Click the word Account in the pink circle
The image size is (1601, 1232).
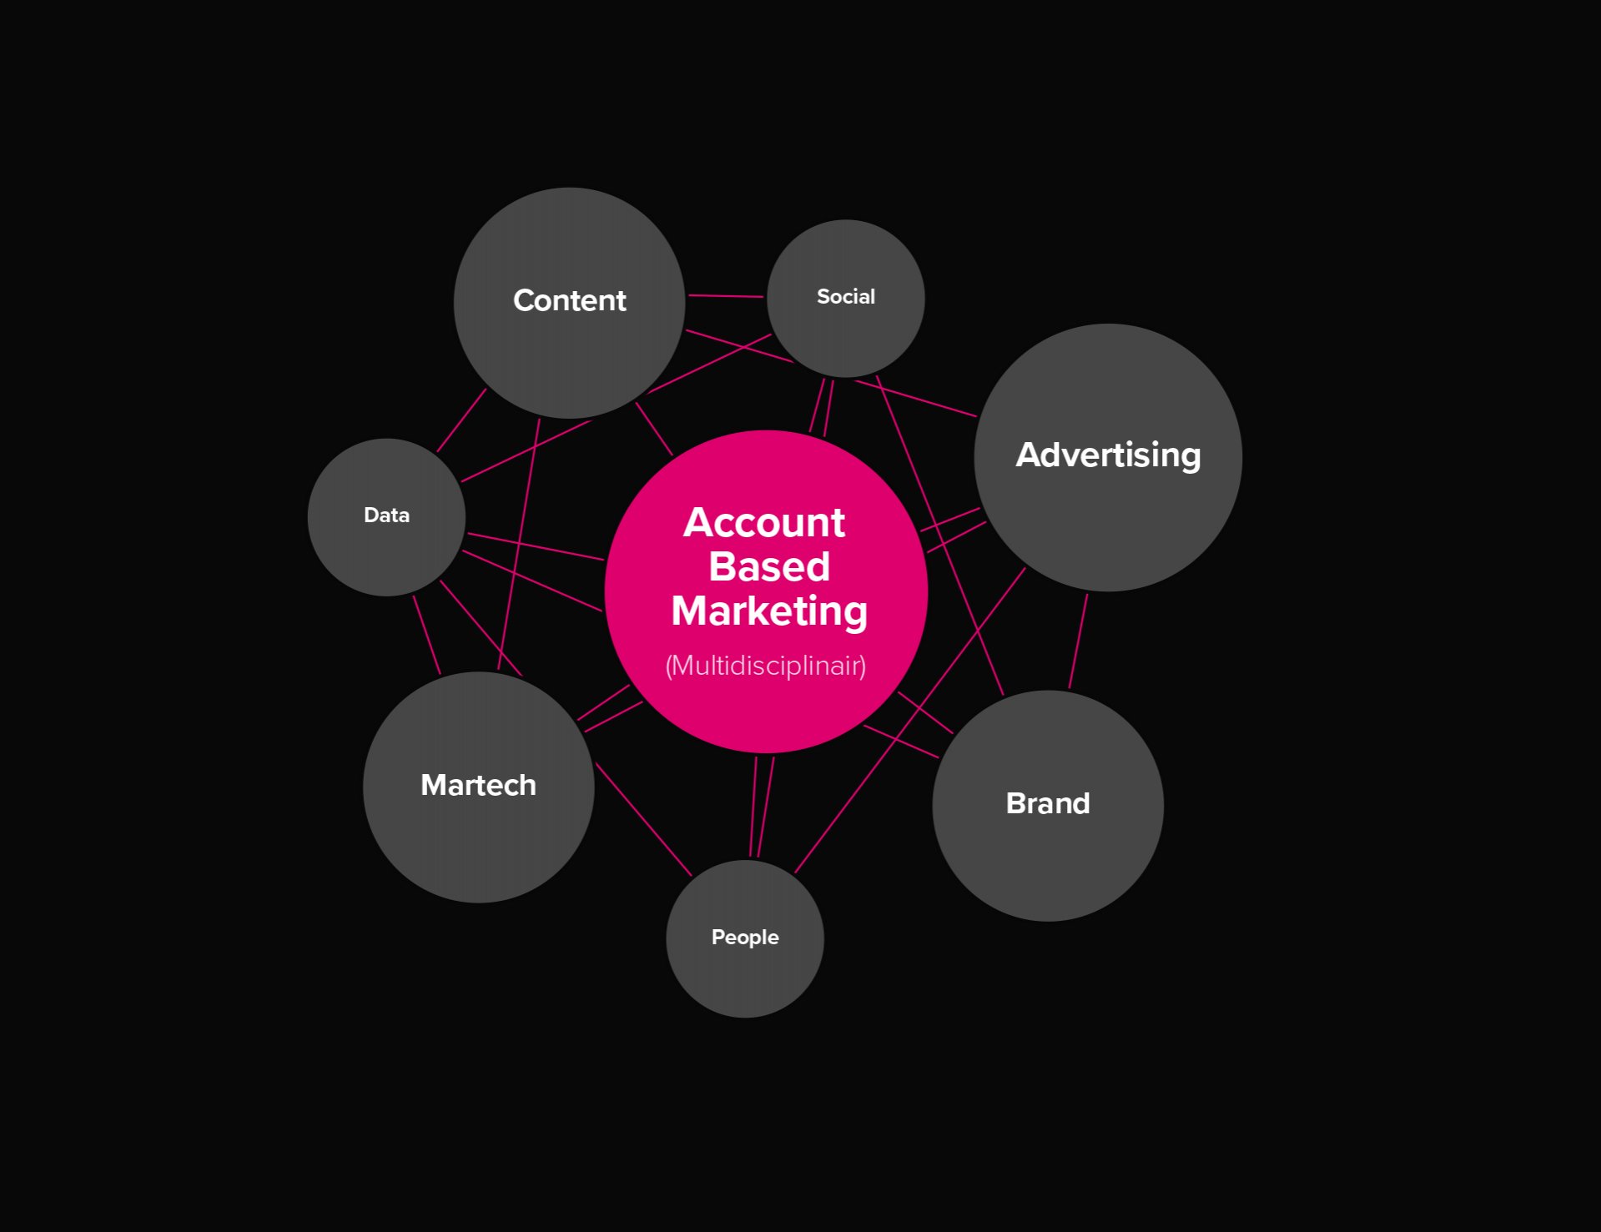point(763,523)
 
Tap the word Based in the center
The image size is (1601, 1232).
point(768,567)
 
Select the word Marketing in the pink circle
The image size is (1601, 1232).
point(768,611)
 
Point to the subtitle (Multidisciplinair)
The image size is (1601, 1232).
point(765,666)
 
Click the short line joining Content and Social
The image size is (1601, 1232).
point(725,296)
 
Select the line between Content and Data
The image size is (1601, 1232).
point(461,420)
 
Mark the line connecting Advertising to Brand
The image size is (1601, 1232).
point(1078,641)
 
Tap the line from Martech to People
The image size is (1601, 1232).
point(642,819)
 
